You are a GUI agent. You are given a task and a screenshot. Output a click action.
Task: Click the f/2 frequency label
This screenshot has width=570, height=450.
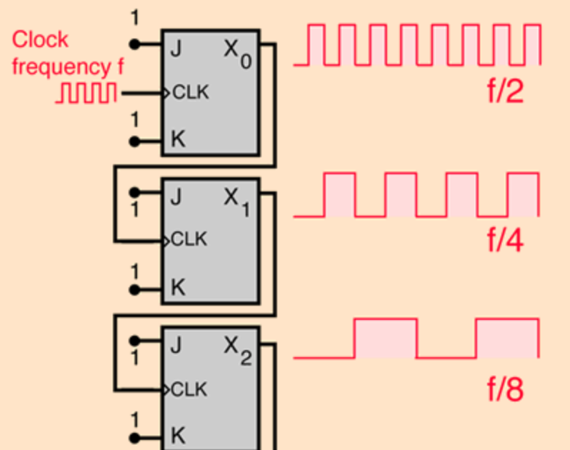coord(506,91)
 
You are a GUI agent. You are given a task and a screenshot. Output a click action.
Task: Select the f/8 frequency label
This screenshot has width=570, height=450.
coord(506,390)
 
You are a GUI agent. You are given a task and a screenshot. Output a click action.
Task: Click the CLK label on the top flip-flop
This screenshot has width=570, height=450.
coord(190,93)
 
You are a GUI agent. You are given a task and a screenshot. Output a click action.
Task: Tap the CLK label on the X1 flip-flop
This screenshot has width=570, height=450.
coord(190,240)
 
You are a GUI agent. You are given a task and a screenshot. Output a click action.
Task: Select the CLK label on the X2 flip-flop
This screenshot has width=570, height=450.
coord(190,389)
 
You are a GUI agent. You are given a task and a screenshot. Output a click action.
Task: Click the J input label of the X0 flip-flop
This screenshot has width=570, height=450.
coord(176,49)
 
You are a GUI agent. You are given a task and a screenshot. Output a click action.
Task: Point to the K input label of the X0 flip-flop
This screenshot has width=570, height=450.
coord(177,139)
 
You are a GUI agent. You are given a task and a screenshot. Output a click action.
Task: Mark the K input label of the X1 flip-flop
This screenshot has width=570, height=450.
coord(177,287)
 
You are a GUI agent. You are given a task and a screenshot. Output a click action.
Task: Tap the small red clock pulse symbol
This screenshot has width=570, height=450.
coord(86,93)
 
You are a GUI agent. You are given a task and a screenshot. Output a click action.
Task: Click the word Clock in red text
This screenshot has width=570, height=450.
coord(40,40)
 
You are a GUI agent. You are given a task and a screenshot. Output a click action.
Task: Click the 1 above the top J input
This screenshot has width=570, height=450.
coord(134,17)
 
